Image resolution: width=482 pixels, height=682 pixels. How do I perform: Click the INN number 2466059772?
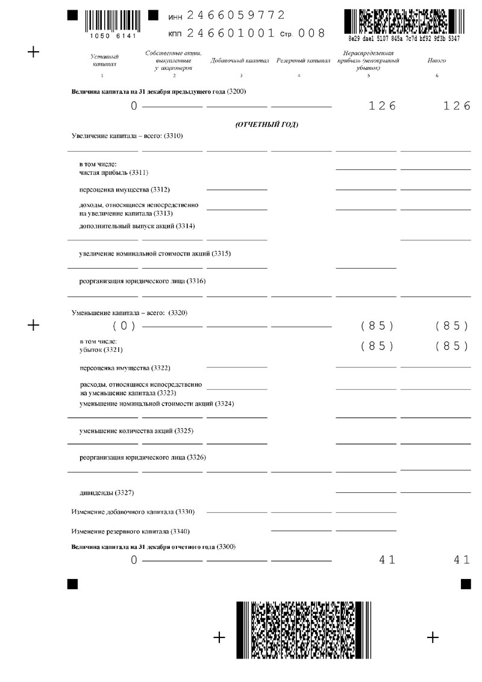coord(236,15)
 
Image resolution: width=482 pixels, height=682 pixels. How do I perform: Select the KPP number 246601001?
coord(231,33)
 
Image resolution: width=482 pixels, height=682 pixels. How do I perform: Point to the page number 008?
coord(312,33)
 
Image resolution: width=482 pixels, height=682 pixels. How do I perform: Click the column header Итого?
coord(437,60)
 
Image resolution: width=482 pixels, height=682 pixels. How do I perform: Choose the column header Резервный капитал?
coord(303,61)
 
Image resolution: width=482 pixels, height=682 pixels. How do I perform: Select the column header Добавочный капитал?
coord(239,61)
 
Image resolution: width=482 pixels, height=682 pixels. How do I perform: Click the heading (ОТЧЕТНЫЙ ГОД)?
coord(266,125)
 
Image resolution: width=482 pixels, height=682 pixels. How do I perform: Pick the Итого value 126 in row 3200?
coord(455,106)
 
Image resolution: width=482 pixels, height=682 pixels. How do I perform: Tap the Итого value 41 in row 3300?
coord(462,560)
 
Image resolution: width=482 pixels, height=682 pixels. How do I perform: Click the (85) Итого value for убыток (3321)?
coord(452,346)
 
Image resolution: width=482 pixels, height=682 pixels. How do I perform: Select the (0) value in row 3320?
coord(124,326)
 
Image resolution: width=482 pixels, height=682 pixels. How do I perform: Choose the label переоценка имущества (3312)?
coord(121,190)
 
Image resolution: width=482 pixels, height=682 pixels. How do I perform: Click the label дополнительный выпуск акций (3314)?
coord(137,226)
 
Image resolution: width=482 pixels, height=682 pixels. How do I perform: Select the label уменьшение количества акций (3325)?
coord(137,431)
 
